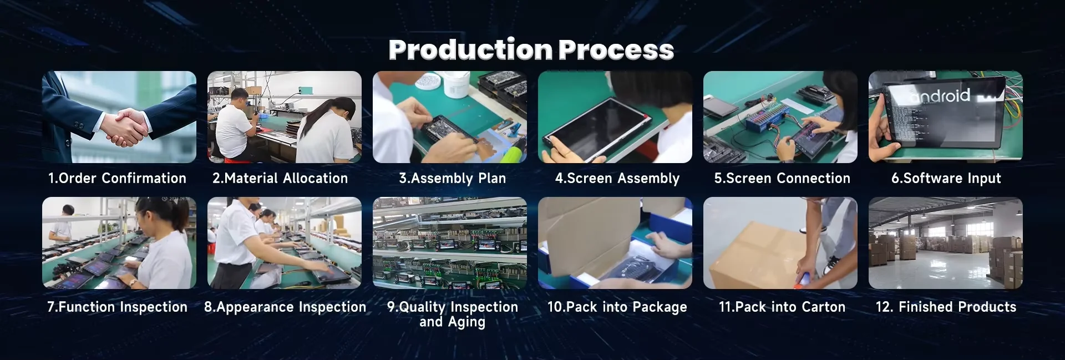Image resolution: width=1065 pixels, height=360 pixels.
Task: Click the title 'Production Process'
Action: point(531,50)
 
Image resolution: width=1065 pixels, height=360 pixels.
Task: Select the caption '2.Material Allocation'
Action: point(280,178)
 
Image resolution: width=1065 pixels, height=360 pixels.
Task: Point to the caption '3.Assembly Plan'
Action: point(452,178)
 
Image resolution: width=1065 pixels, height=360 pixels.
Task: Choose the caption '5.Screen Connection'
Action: point(782,178)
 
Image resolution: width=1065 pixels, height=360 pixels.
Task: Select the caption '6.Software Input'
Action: point(946,178)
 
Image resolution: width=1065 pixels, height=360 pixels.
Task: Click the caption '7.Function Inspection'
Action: point(118,307)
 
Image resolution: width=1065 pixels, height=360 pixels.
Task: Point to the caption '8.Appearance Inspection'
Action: point(285,307)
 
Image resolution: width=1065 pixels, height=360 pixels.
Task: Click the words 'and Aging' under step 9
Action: point(452,322)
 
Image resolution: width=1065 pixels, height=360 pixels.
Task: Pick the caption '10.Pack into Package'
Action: point(617,307)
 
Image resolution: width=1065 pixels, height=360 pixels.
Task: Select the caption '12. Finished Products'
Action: point(946,307)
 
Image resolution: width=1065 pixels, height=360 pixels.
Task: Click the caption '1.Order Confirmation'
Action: point(117,178)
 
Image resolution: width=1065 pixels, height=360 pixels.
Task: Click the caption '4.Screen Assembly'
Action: point(617,178)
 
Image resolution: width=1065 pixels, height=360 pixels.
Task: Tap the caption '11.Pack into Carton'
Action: point(782,307)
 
